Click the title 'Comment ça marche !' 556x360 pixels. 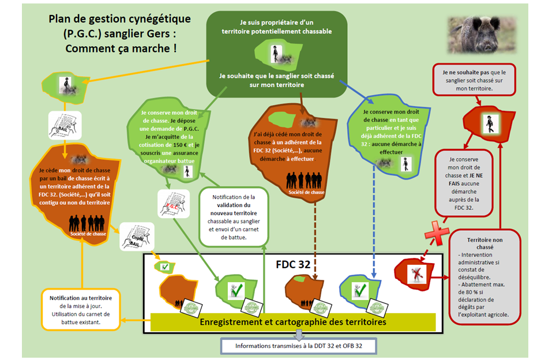(x=121, y=48)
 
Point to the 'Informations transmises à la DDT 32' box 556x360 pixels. (x=298, y=346)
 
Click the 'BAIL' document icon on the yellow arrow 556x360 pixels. (x=65, y=125)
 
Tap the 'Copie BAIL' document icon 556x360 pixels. (x=137, y=237)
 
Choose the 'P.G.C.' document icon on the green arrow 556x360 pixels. (x=174, y=204)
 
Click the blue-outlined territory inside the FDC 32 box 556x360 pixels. (x=361, y=290)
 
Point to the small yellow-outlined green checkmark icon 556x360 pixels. (x=164, y=267)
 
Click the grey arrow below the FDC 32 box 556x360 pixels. (x=298, y=335)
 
